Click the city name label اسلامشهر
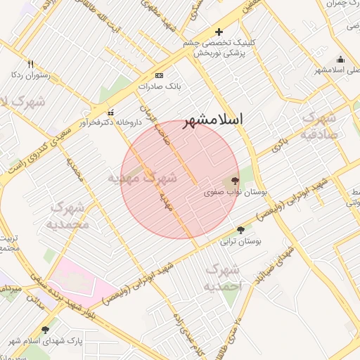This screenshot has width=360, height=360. (213, 120)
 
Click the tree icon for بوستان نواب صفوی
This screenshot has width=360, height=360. (234, 180)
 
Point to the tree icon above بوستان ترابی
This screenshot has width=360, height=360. (241, 230)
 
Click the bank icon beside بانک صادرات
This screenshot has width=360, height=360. (159, 76)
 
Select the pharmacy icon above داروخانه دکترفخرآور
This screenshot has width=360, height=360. (110, 112)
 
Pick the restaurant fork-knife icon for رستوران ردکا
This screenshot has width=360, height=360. (30, 64)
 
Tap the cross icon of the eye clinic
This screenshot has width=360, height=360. (219, 32)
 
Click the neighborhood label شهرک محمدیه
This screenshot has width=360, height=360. (67, 216)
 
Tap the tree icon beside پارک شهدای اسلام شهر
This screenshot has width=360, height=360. (46, 330)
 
